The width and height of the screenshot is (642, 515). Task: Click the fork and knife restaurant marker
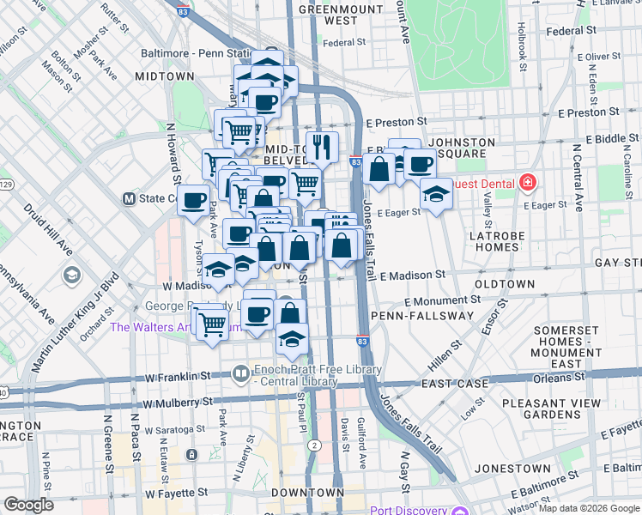click(322, 147)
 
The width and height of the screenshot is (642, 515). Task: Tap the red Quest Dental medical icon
click(526, 183)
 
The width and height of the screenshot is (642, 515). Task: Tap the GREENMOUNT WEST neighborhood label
click(328, 15)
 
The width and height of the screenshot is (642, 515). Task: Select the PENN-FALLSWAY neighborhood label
click(422, 316)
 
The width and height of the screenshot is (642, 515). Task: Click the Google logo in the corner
click(28, 505)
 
